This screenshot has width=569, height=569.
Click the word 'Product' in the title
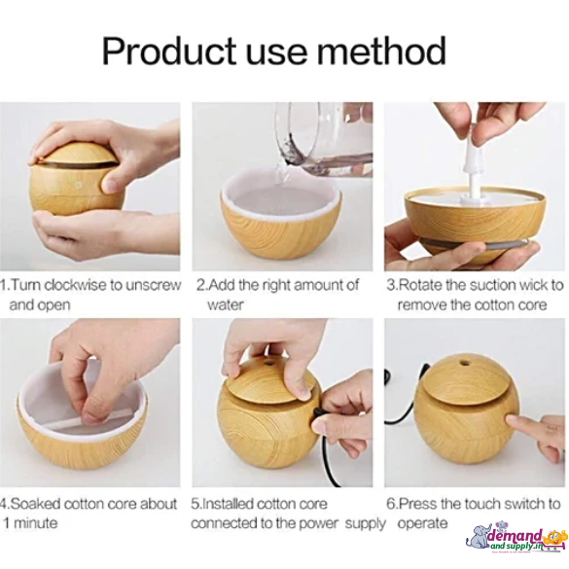coord(168,52)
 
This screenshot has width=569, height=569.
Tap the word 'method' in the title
coord(381,51)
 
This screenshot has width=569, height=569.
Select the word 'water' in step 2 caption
coord(225,304)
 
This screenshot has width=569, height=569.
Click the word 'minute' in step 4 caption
coord(35,523)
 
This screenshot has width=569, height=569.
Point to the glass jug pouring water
coord(324,140)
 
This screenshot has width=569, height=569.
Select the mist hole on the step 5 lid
coord(269,363)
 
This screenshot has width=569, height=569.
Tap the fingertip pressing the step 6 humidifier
coord(513,421)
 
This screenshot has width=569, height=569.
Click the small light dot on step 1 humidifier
coord(77,184)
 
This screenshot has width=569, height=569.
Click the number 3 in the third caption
coord(390,285)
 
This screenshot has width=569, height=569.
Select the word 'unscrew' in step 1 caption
coord(154,285)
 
